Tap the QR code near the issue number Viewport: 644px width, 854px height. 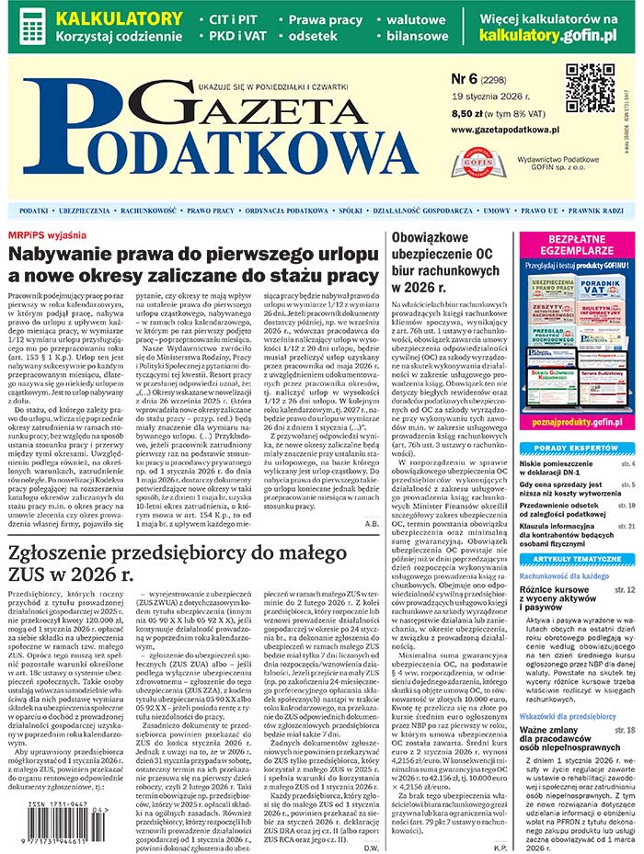(590, 88)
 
